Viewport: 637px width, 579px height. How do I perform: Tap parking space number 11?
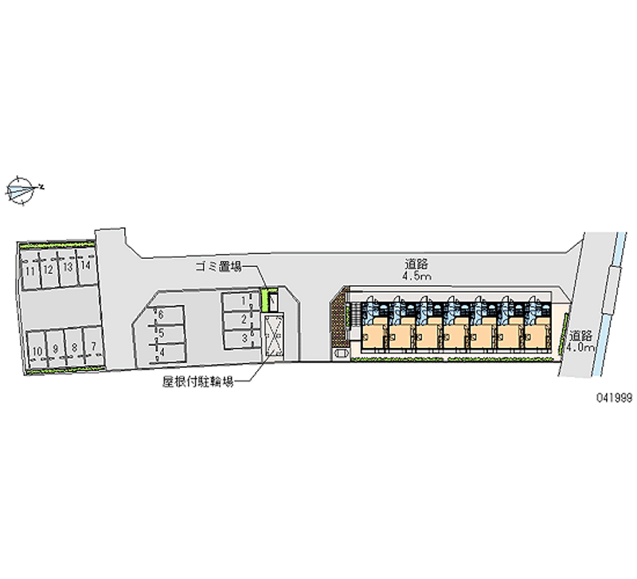click(x=30, y=272)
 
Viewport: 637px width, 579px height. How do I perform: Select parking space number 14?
click(x=86, y=266)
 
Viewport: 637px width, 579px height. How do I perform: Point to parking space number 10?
click(x=37, y=350)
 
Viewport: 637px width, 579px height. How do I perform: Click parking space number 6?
click(x=167, y=315)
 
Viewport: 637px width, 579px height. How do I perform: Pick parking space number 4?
click(x=167, y=353)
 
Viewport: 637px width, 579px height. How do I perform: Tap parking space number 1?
click(x=240, y=302)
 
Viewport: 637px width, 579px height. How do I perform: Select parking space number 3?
click(x=240, y=338)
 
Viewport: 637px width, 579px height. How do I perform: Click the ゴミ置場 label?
click(x=218, y=267)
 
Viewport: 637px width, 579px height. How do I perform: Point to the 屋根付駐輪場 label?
click(x=197, y=382)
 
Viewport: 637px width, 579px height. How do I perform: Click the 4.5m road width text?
click(x=416, y=276)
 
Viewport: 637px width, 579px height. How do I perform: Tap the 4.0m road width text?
click(x=582, y=348)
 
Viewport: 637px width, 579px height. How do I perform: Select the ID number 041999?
click(x=614, y=397)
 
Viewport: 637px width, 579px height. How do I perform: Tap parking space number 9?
click(x=56, y=349)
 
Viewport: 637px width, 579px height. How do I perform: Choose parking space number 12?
click(x=49, y=270)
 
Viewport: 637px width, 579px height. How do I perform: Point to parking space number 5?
click(x=167, y=334)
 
